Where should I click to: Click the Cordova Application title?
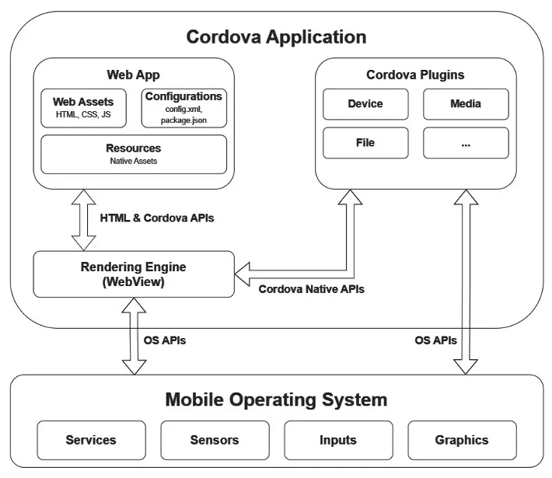276,37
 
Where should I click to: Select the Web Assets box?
83,108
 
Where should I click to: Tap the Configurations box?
183,108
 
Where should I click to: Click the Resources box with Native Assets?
134,154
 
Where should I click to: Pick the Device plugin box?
365,103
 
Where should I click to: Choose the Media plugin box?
466,103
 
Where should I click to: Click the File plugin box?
365,143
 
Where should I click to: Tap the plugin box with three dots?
466,143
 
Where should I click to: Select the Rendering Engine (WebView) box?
134,274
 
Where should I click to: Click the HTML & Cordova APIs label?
156,218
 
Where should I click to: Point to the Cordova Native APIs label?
311,289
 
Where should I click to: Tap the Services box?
91,440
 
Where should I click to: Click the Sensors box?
215,440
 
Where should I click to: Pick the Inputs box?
338,440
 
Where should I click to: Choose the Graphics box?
462,440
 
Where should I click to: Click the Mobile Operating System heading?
276,400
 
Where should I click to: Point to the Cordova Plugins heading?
415,75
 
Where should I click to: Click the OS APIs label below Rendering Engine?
165,340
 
